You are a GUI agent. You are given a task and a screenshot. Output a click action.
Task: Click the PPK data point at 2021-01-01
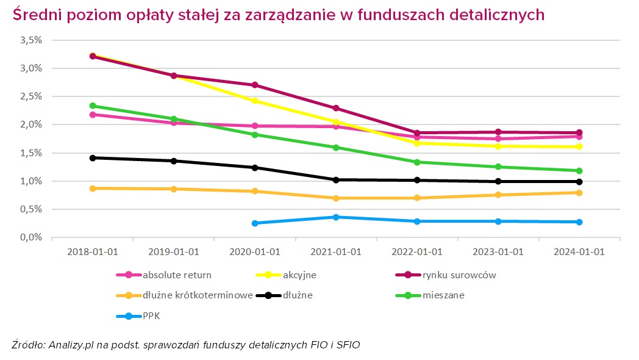click(336, 217)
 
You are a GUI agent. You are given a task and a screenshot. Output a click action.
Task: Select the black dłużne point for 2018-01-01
click(93, 158)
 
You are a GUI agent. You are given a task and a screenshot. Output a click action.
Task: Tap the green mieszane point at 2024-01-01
click(579, 171)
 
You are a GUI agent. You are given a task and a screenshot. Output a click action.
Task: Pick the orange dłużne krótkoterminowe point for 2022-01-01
click(417, 198)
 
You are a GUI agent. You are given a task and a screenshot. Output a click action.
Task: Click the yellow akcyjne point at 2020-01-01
click(255, 101)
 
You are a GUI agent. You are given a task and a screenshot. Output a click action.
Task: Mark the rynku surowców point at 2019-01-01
click(174, 76)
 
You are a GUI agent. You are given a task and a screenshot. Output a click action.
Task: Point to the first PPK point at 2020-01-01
click(255, 223)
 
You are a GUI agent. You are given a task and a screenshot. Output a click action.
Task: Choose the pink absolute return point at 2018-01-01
click(93, 115)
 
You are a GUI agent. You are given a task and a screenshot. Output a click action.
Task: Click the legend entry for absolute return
click(167, 275)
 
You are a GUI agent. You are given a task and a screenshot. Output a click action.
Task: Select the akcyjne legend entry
click(299, 275)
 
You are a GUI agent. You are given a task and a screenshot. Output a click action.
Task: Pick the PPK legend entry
click(151, 315)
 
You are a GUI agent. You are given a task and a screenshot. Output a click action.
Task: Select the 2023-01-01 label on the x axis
click(498, 252)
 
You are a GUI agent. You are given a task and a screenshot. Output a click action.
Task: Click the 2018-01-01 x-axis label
click(93, 252)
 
